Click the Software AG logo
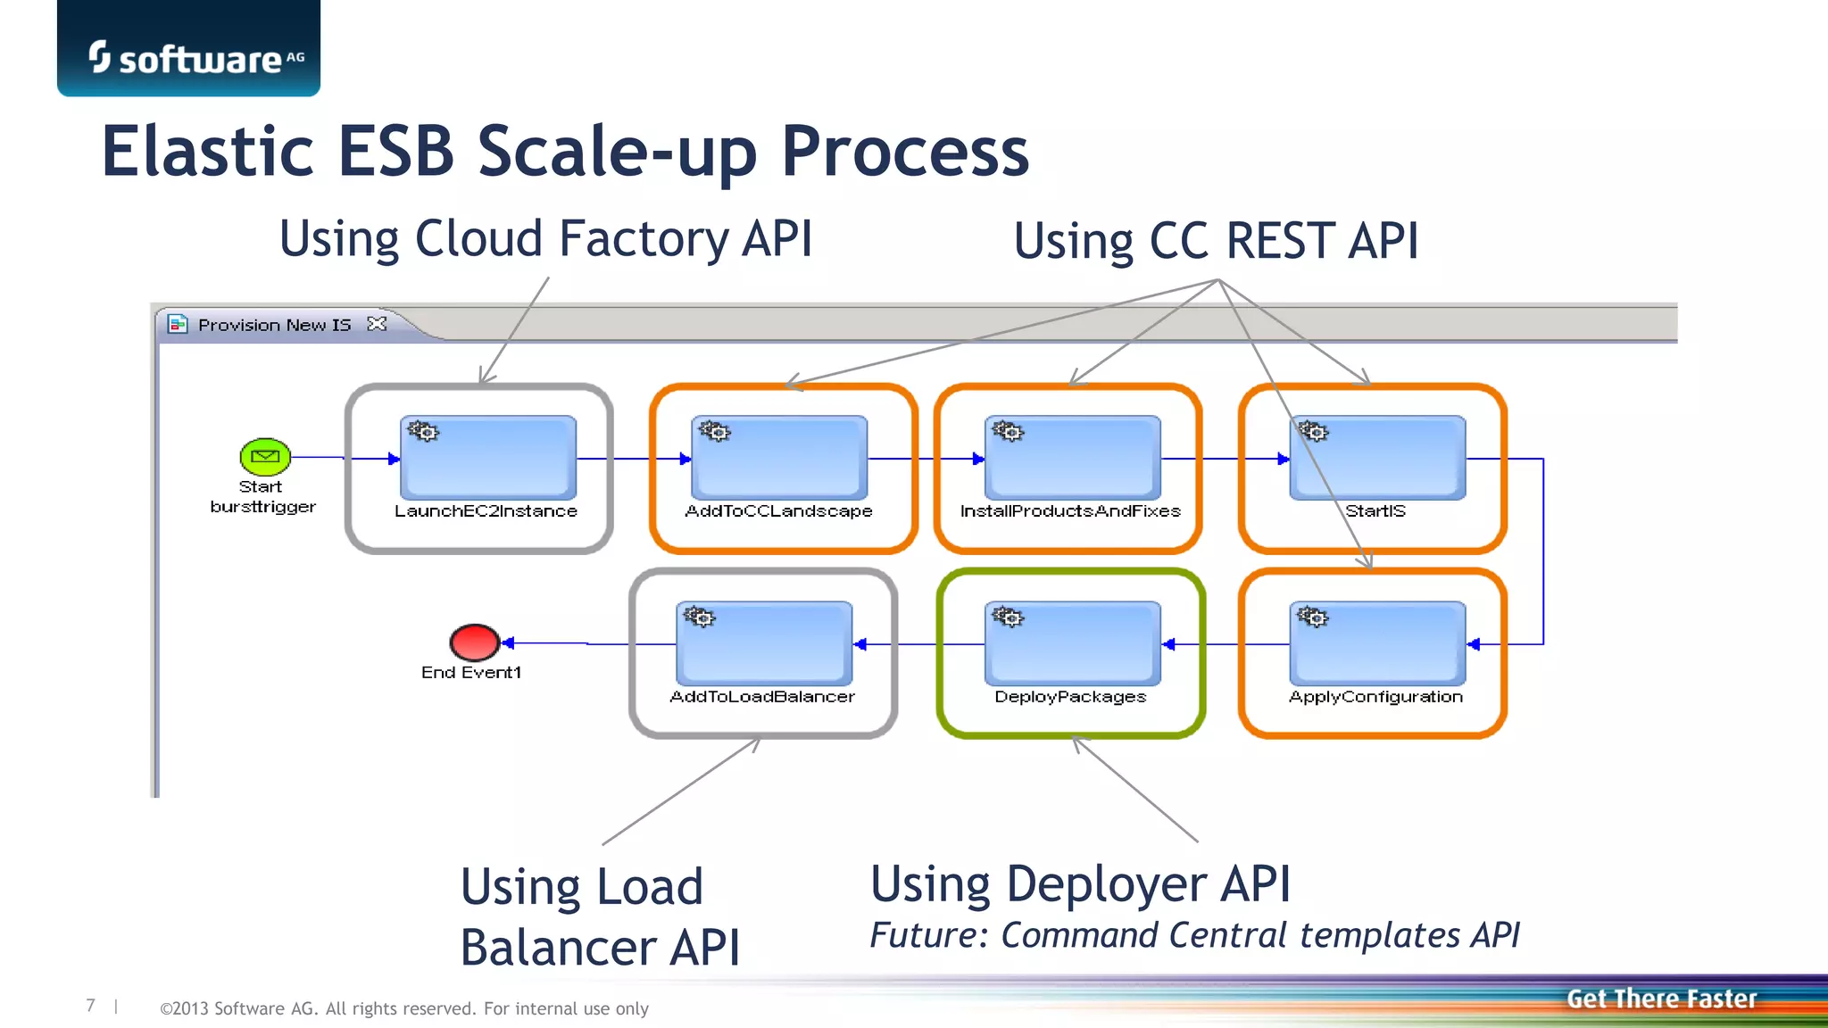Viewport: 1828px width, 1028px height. tap(195, 58)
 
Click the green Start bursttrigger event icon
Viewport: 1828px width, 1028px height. tap(265, 456)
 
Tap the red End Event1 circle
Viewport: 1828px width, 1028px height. tap(474, 642)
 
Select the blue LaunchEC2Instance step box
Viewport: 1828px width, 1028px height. tap(488, 458)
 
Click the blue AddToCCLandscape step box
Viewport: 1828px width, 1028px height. tap(779, 458)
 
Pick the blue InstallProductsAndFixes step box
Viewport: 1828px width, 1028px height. tap(1072, 458)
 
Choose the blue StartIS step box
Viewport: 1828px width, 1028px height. tap(1377, 458)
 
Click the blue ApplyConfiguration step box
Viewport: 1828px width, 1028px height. tap(1377, 643)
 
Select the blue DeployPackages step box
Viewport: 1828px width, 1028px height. tap(1072, 643)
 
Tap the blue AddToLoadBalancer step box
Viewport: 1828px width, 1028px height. tap(764, 643)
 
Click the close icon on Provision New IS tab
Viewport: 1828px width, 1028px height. tap(378, 324)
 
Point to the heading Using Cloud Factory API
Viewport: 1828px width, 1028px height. tap(545, 239)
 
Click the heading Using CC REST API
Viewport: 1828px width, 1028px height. tap(1215, 242)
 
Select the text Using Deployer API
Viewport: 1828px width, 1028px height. tap(1080, 884)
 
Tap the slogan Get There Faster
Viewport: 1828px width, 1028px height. tap(1661, 999)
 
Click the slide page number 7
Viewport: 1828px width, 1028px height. tap(90, 1006)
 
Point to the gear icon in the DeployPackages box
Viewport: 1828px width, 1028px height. tap(1009, 617)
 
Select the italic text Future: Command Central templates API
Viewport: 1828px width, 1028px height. tap(1194, 935)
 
